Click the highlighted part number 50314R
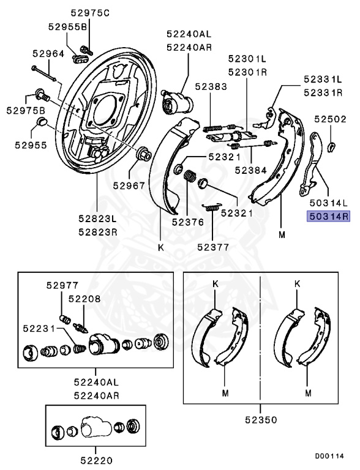coord(328,216)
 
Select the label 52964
coord(48,54)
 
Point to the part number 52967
coord(129,185)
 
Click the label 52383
coord(211,87)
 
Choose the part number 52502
coord(330,119)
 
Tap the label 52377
coord(213,247)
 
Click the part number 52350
coord(261,420)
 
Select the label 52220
coord(96,460)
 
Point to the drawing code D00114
coord(329,456)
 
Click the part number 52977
coord(62,285)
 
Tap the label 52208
coord(84,299)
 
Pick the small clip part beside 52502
coord(331,147)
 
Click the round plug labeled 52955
coord(42,122)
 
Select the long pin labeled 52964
coord(43,73)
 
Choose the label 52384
coord(250,170)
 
